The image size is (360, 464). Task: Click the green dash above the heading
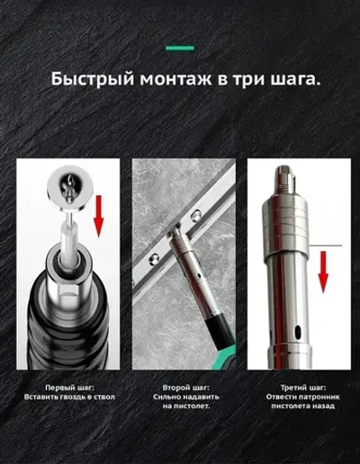181,45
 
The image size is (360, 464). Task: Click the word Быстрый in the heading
91,78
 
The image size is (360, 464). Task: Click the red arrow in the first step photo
100,217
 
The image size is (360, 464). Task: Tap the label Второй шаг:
184,388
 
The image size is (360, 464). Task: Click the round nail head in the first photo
68,181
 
